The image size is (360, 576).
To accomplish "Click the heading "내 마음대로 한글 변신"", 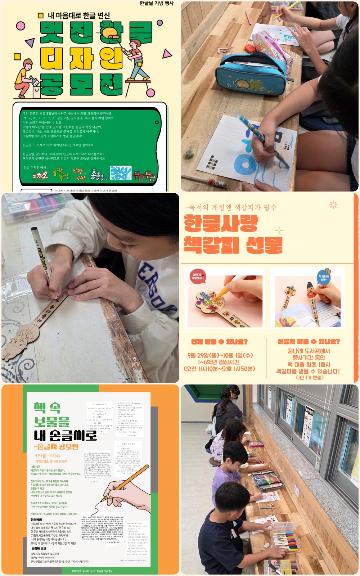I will (78, 15).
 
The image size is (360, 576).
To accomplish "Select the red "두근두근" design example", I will (144, 176).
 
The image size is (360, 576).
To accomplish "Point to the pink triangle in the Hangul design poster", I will (167, 54).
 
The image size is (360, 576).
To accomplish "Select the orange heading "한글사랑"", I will (221, 223).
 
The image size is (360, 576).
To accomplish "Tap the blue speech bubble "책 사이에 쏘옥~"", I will (323, 277).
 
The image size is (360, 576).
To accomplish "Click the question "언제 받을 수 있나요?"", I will (219, 342).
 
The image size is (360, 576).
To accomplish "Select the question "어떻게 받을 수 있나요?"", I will (309, 342).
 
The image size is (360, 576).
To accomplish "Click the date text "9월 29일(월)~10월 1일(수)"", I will (220, 355).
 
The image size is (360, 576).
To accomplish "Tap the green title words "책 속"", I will (47, 408).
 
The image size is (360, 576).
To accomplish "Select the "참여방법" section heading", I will (36, 520).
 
